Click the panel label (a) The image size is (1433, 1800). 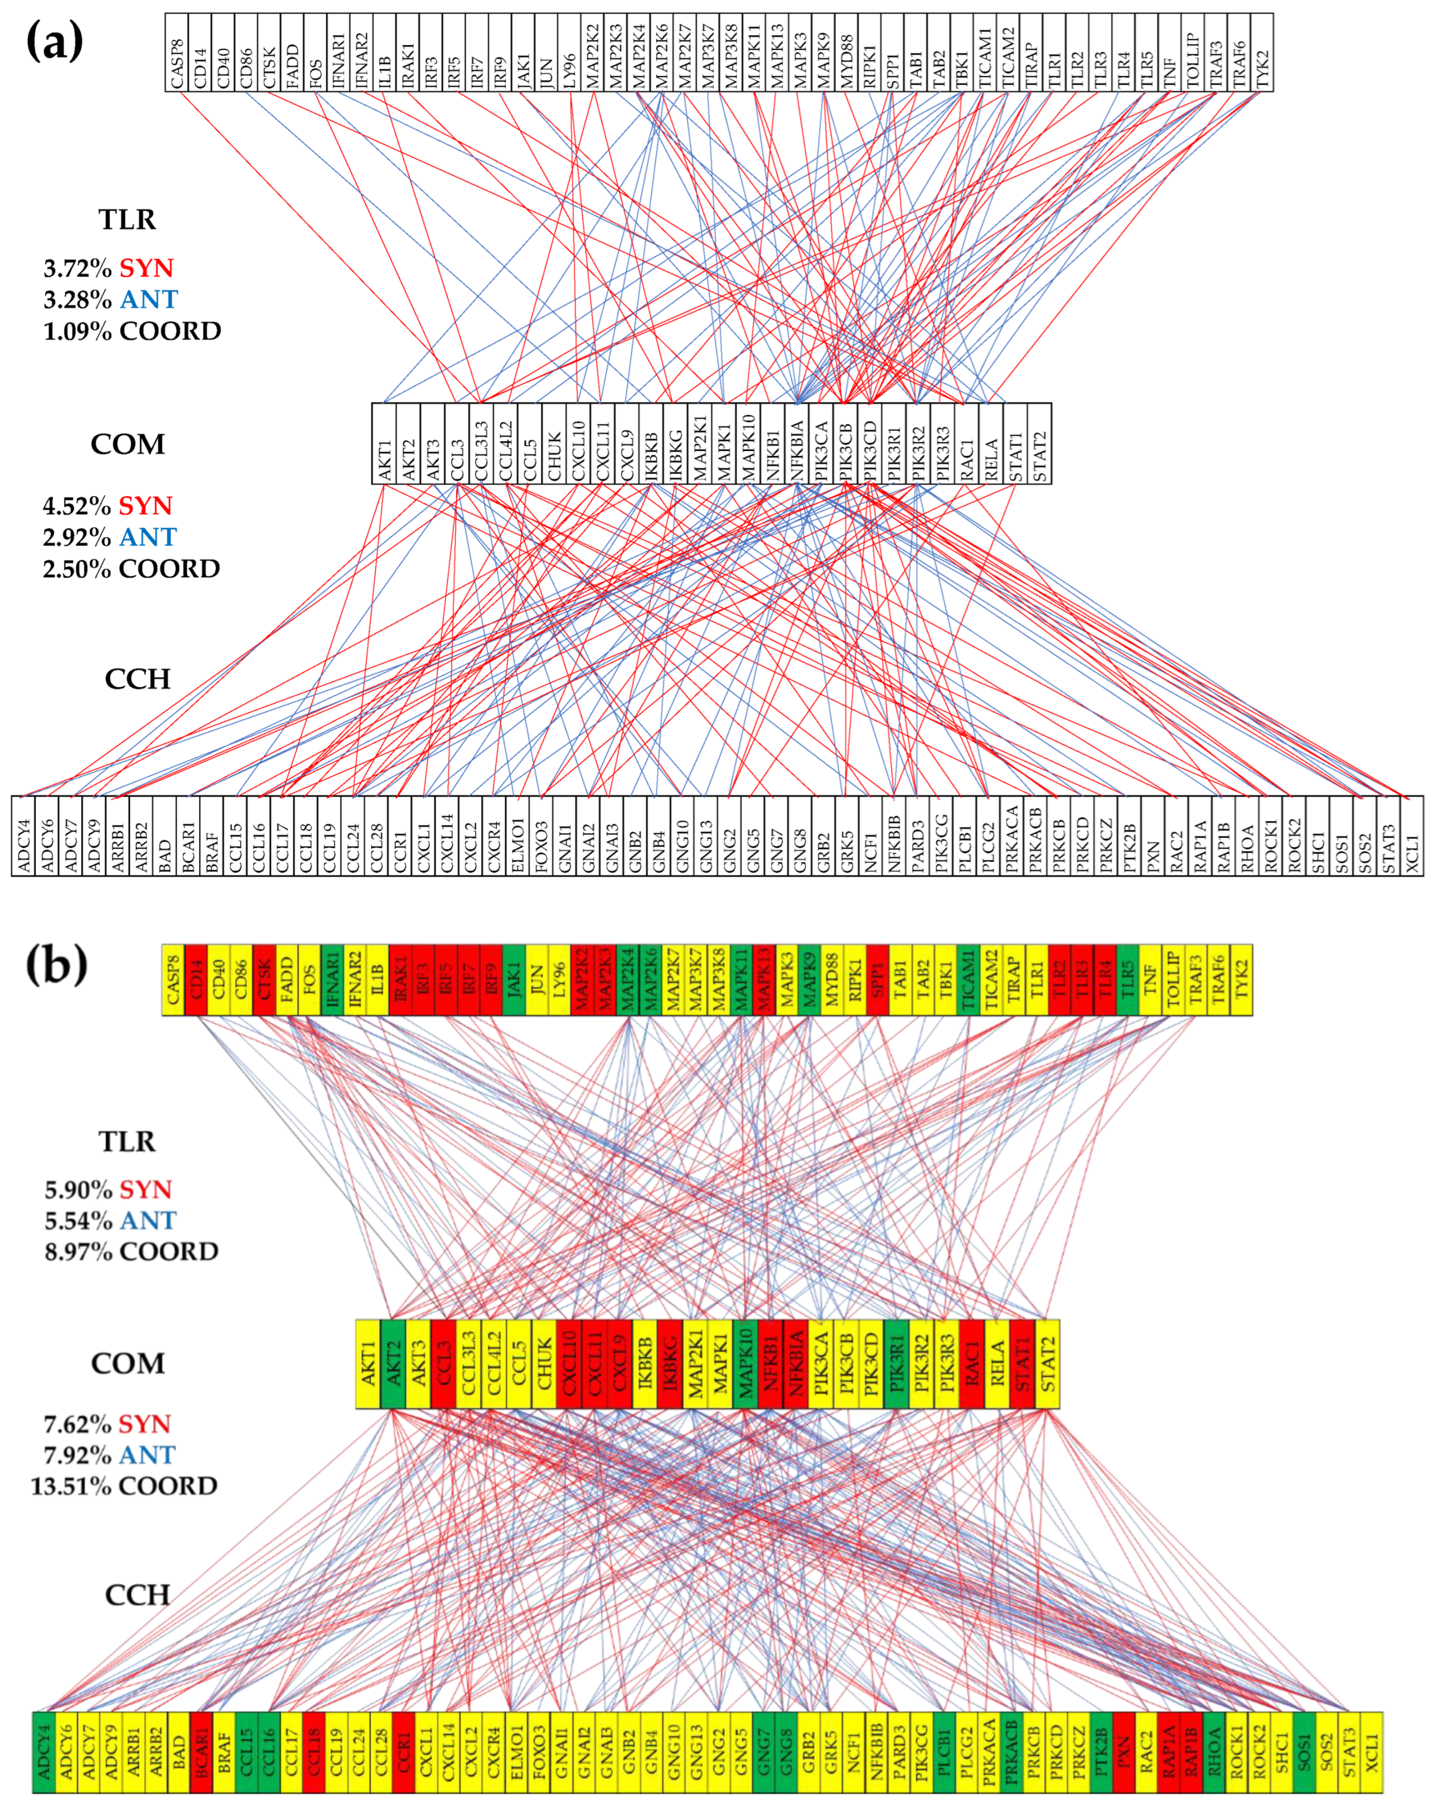coord(55,42)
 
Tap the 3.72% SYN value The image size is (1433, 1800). coord(109,268)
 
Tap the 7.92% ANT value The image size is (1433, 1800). coord(109,1454)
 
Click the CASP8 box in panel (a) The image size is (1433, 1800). coord(176,52)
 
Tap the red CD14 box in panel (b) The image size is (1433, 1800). coord(196,979)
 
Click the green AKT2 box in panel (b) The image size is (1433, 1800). coord(393,1364)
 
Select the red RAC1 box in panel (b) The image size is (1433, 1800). coord(971,1364)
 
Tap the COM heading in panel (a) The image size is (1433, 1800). coord(127,444)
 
